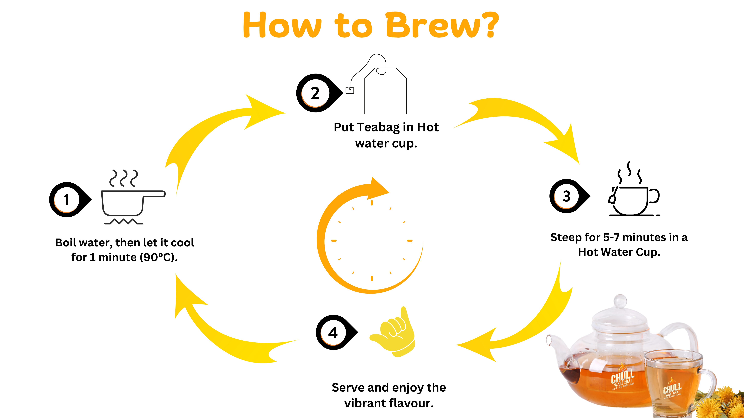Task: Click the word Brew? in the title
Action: pyautogui.click(x=442, y=25)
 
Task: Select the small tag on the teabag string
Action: pyautogui.click(x=350, y=91)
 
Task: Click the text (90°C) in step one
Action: pyautogui.click(x=159, y=257)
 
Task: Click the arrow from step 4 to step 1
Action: pyautogui.click(x=225, y=332)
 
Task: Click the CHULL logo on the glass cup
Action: pyautogui.click(x=672, y=389)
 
